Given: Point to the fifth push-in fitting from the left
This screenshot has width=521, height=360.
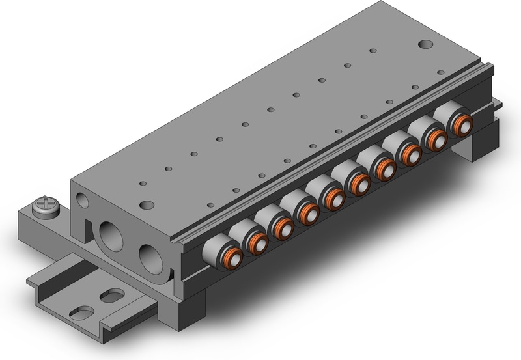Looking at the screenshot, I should click(333, 198).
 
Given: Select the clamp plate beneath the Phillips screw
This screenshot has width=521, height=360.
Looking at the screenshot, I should click(52, 225).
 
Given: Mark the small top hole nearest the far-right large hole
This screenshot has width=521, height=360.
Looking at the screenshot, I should click(373, 51).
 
